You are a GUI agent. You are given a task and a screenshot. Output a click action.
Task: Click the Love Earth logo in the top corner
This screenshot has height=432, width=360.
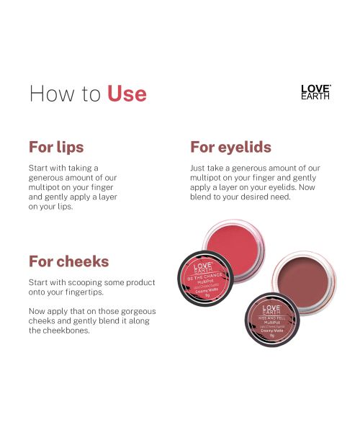point(315,91)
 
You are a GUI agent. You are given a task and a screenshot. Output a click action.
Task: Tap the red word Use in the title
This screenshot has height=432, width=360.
point(127,94)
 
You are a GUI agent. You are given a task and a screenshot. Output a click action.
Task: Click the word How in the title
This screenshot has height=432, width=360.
point(50,94)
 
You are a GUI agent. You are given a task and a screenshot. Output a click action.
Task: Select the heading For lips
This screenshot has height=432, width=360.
point(56,147)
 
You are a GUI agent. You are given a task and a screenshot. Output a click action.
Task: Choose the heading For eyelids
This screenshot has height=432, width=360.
point(230,147)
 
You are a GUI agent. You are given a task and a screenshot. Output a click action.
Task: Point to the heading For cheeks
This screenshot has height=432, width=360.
point(68,261)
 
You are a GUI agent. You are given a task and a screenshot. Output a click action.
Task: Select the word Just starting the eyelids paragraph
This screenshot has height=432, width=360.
point(199,168)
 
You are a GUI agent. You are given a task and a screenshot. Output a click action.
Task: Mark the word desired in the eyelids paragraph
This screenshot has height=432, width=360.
point(256,197)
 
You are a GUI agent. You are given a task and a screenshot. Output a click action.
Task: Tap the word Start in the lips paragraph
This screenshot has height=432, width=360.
point(39,168)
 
